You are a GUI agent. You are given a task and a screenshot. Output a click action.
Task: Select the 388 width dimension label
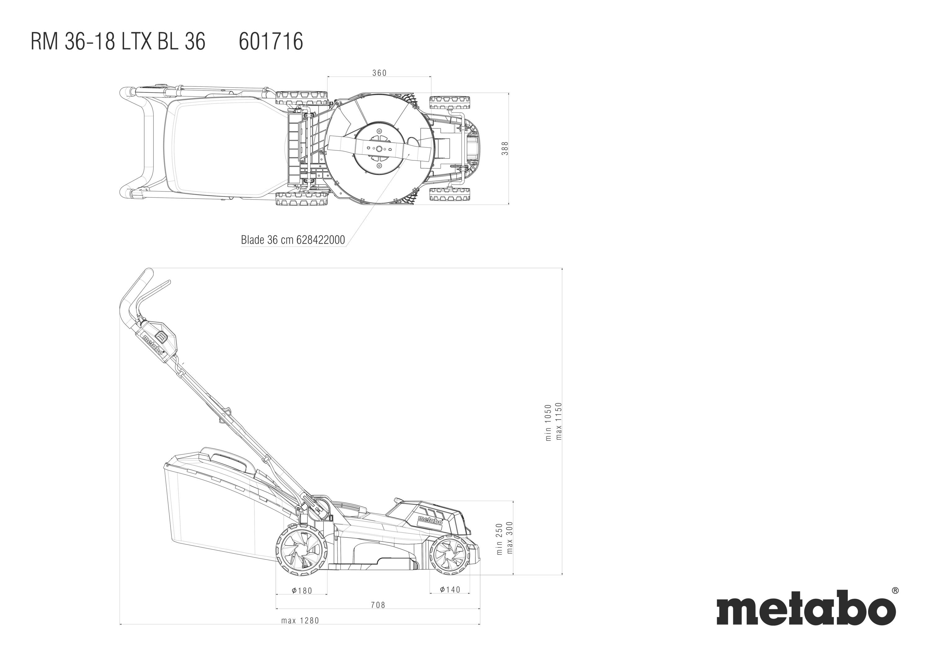click(504, 148)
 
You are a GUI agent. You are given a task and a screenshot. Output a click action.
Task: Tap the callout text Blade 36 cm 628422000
click(293, 240)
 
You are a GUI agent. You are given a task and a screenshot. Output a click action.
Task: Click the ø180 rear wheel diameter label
click(302, 591)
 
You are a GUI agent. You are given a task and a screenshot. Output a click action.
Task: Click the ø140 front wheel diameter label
click(450, 589)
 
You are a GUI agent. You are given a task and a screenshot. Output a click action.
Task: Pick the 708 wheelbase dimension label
click(378, 605)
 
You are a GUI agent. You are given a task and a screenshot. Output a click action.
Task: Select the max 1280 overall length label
click(300, 620)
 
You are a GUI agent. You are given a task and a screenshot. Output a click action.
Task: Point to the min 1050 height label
click(548, 422)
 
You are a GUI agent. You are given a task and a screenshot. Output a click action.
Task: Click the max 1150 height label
click(559, 421)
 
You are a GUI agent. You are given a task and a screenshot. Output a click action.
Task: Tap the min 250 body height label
click(499, 539)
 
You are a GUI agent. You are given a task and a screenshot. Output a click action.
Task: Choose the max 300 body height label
click(510, 537)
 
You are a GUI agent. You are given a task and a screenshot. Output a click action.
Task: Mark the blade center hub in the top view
click(379, 149)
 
